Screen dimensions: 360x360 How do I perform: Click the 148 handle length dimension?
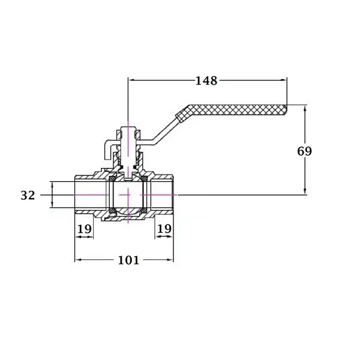(206, 80)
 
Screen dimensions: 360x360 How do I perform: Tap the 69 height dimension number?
(304, 151)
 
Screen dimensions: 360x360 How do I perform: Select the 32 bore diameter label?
(28, 196)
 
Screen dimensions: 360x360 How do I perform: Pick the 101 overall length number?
(128, 260)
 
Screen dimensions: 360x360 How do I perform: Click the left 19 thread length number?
(85, 229)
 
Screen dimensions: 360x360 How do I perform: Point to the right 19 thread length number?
(164, 229)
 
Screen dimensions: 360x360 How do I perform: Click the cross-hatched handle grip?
(232, 110)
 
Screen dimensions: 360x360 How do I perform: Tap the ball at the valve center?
(128, 194)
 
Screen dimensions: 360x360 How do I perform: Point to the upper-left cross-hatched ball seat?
(113, 178)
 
